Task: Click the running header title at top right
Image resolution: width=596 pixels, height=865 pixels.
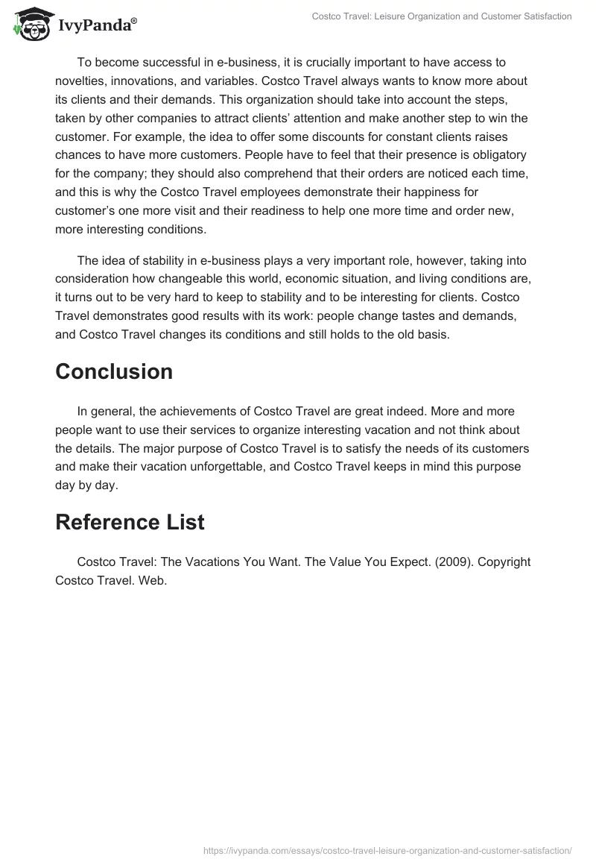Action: click(x=441, y=16)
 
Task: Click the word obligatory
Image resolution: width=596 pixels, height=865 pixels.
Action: click(x=492, y=155)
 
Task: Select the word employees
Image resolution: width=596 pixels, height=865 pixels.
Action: click(x=256, y=192)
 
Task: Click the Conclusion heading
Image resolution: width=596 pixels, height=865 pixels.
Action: click(x=114, y=371)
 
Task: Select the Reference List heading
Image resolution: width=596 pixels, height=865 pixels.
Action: click(x=130, y=523)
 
